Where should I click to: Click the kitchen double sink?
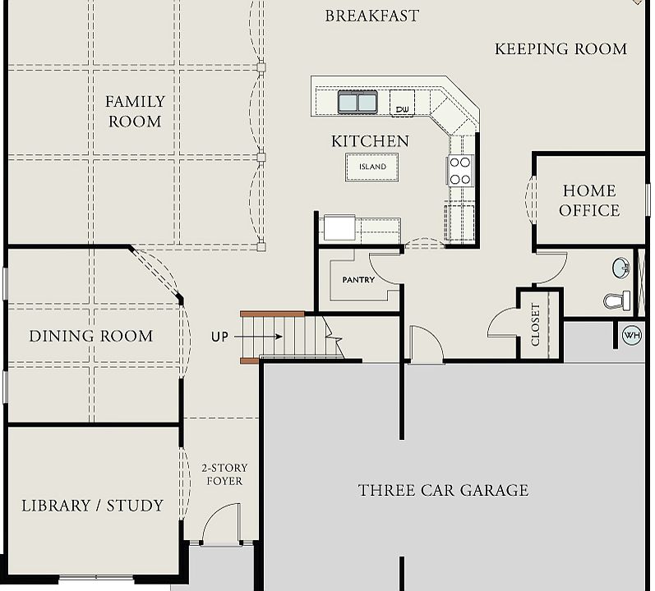(x=357, y=102)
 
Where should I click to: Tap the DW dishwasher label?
(x=402, y=109)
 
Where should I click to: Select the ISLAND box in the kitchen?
(x=371, y=167)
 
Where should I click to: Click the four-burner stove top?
(x=460, y=171)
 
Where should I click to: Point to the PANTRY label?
(x=358, y=280)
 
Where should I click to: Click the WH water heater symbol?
(x=632, y=335)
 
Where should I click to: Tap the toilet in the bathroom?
(x=617, y=300)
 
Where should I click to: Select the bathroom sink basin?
(x=621, y=268)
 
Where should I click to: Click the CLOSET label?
(x=535, y=324)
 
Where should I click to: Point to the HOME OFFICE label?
(x=589, y=200)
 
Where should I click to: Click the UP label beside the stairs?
(x=219, y=337)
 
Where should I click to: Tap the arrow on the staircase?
(x=258, y=337)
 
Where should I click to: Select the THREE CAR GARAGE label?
(x=443, y=490)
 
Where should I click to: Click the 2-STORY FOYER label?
(x=224, y=474)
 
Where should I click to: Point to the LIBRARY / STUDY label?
(x=92, y=506)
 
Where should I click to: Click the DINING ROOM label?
(x=91, y=337)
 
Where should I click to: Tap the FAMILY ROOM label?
(x=135, y=112)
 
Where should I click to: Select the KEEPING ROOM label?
(x=561, y=48)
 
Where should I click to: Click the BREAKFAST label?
(x=371, y=16)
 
